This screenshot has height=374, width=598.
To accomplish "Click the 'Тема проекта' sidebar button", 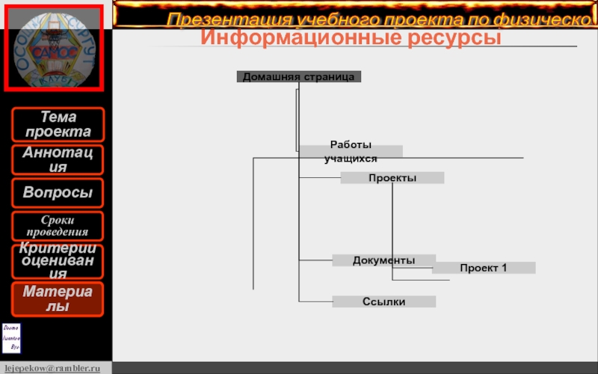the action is click(58, 124).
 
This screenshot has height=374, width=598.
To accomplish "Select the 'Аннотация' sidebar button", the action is click(58, 160).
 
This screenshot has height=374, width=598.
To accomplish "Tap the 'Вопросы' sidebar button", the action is click(58, 193).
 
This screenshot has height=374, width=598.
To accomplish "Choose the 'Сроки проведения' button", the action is click(58, 225).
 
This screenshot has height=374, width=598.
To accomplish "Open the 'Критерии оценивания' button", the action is click(58, 261).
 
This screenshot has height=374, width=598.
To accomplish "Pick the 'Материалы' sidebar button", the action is click(58, 298).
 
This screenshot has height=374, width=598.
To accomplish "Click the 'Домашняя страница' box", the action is click(299, 76).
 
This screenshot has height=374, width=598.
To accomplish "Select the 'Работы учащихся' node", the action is click(351, 152).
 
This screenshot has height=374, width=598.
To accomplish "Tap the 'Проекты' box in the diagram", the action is click(392, 178).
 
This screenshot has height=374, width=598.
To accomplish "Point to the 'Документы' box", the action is click(384, 260).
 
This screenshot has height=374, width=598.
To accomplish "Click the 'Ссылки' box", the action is click(384, 301).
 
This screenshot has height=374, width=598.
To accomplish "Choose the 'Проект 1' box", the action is click(484, 268).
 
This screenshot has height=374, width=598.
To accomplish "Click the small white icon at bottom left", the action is click(12, 338).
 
